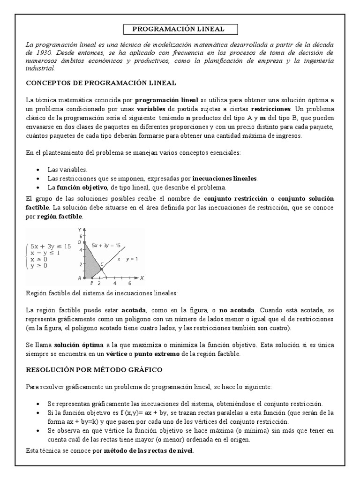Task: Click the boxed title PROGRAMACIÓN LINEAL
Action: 178,29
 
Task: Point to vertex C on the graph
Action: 102,269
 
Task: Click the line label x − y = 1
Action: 127,258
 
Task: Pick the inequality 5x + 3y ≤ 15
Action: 50,246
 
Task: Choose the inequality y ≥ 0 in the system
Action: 39,266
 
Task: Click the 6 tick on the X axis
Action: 129,284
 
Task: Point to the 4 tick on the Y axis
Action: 80,250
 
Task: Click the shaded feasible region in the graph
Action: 90,265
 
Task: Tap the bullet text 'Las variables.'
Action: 67,169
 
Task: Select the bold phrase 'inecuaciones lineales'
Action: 225,179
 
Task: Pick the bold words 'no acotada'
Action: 237,310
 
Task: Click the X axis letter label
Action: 142,278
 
